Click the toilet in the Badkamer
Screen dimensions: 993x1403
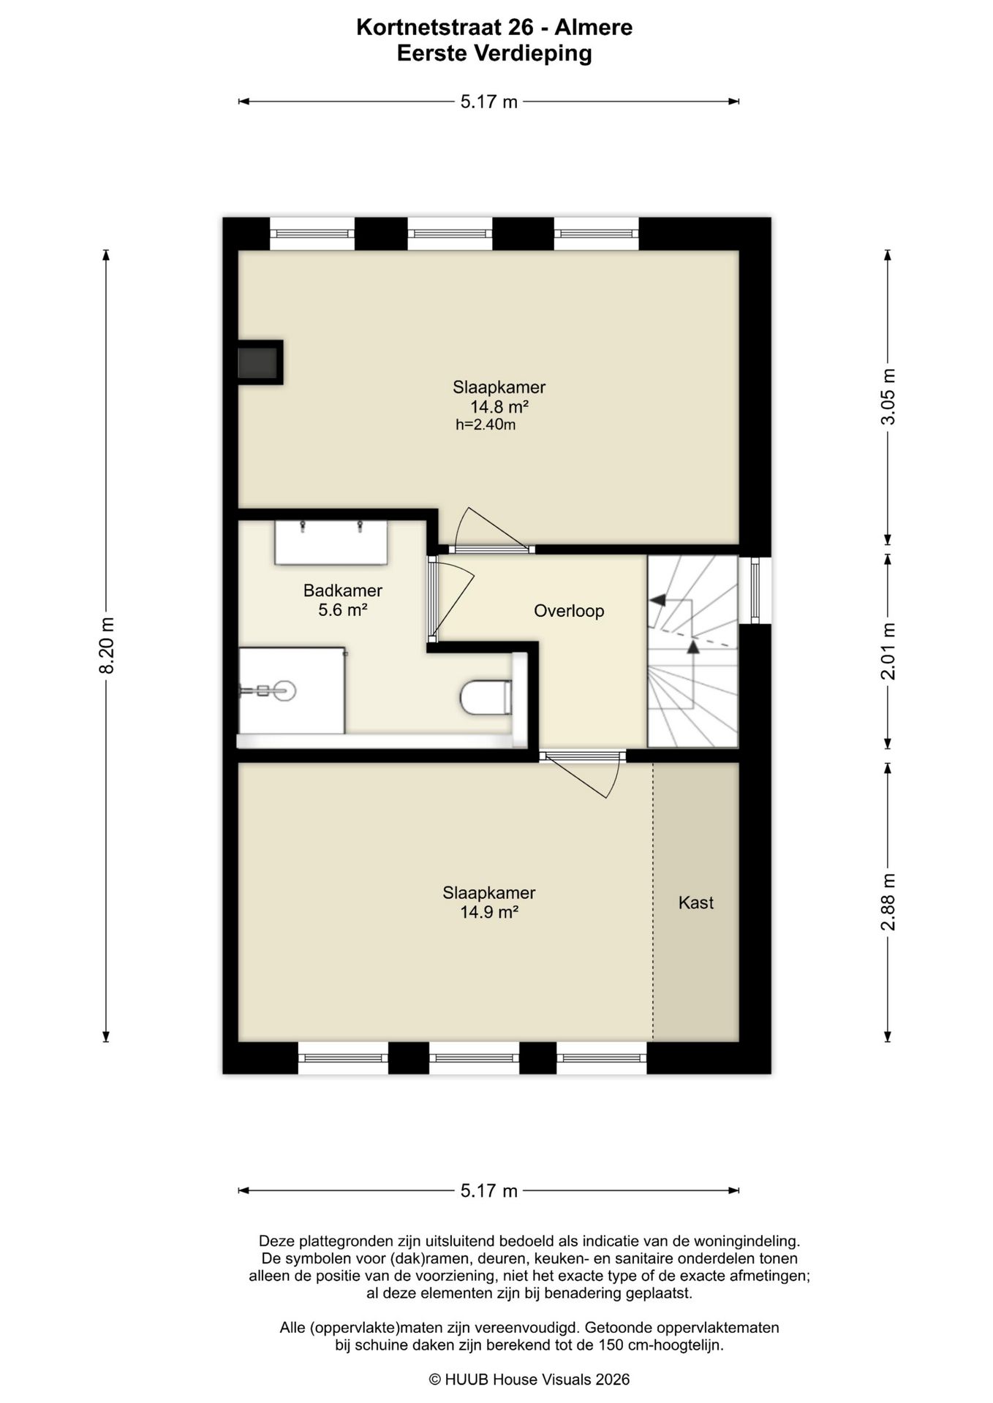point(486,698)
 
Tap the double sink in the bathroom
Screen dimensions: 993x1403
point(331,542)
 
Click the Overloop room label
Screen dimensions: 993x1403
point(569,611)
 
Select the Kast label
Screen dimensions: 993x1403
point(695,902)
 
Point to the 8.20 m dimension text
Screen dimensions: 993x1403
point(107,646)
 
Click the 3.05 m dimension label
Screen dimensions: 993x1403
point(888,396)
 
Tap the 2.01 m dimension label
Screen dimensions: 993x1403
point(888,651)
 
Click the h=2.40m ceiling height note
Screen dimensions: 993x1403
point(486,425)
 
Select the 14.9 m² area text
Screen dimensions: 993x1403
point(489,912)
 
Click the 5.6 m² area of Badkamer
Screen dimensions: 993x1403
point(342,609)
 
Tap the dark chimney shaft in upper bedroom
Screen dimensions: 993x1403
point(260,362)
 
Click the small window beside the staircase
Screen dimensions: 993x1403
point(755,590)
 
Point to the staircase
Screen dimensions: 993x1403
point(692,651)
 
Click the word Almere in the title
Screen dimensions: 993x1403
point(593,28)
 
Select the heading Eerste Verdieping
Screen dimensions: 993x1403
point(494,53)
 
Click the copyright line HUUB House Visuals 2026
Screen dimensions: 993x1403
point(529,1379)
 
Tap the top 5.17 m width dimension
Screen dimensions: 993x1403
point(488,102)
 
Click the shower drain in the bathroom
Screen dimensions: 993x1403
point(284,690)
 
